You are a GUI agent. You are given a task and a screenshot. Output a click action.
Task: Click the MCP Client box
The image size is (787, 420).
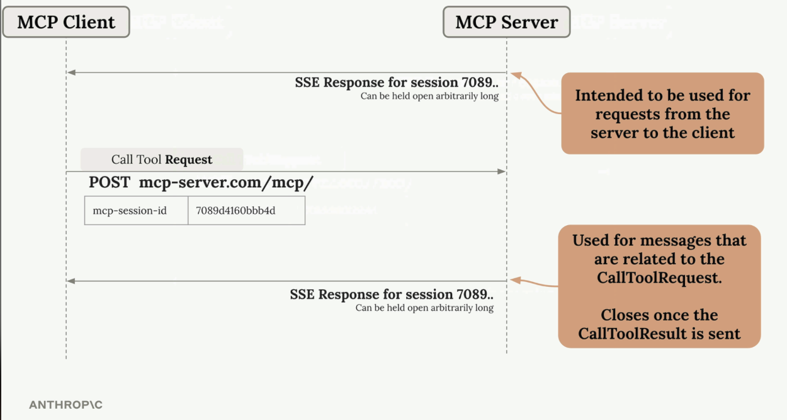tap(66, 22)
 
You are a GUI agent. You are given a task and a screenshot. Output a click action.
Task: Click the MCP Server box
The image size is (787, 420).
tap(506, 22)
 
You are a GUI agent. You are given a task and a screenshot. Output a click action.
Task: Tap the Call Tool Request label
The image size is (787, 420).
tap(162, 160)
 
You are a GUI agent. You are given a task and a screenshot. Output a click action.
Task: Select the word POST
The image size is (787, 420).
tap(110, 182)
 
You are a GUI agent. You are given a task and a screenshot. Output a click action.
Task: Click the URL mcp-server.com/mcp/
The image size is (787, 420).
tap(226, 182)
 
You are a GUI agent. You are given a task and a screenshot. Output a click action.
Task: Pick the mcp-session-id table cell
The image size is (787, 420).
tap(137, 211)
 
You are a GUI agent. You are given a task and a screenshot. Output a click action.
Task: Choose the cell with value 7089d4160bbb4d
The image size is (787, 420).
tap(247, 211)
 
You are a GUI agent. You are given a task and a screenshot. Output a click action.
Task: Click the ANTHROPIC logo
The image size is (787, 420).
tap(65, 405)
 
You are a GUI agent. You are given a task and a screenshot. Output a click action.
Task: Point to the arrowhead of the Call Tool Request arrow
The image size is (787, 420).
tap(501, 172)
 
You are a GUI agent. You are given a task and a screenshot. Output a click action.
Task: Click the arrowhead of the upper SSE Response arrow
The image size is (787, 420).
tap(71, 73)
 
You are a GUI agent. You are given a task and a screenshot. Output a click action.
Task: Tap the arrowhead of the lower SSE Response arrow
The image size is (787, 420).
tap(71, 281)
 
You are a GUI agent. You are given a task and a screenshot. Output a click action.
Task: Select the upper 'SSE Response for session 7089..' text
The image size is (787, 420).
tap(397, 83)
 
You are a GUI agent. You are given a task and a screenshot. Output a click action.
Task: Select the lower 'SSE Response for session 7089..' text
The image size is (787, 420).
tap(392, 295)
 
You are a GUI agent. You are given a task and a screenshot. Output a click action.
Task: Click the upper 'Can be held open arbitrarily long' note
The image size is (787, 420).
tap(429, 96)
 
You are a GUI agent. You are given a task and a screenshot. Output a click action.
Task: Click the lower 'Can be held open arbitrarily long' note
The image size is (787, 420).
tap(424, 308)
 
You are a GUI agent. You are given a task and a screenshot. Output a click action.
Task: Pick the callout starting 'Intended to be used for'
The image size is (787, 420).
tap(662, 114)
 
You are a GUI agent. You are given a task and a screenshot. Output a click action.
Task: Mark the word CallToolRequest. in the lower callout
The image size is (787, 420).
tap(659, 277)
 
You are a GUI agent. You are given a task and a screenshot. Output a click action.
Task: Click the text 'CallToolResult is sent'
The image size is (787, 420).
tap(659, 334)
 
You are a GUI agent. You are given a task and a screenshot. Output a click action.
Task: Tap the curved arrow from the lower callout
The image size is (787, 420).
tap(534, 283)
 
